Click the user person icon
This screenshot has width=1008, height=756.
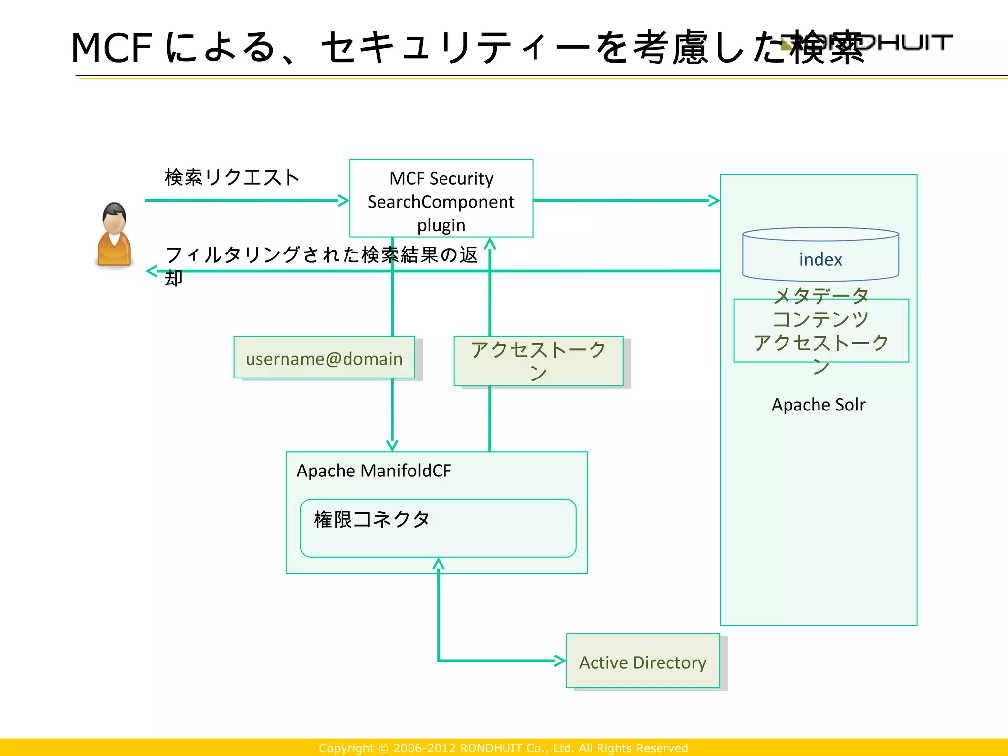[114, 235]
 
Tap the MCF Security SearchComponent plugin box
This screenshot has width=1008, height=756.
[441, 198]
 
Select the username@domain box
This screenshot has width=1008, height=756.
[324, 358]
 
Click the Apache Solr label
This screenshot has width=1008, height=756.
[818, 405]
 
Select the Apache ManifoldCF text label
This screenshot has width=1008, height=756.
[374, 471]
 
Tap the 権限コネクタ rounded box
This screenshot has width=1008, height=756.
[438, 528]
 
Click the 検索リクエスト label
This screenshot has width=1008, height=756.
[232, 177]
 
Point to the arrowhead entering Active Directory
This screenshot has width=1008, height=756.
[560, 661]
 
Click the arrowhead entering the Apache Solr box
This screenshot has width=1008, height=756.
[714, 200]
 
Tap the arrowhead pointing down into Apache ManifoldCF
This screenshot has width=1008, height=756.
[392, 445]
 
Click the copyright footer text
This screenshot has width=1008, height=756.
[503, 748]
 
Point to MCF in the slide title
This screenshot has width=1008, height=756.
[111, 48]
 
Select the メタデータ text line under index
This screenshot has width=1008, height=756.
[820, 295]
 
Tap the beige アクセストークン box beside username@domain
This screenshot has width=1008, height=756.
[538, 361]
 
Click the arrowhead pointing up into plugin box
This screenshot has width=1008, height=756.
[490, 244]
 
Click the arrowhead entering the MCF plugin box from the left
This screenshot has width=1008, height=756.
[344, 200]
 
